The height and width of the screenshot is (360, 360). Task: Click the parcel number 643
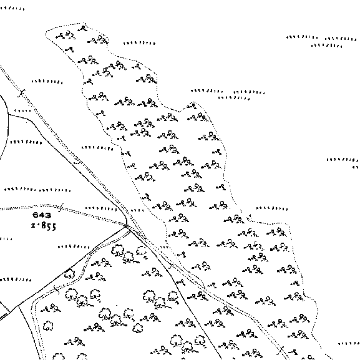pos(42,215)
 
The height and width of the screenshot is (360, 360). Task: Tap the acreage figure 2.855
pos(44,226)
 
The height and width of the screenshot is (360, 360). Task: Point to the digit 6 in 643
pos(36,215)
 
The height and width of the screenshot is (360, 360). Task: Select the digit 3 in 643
pos(48,215)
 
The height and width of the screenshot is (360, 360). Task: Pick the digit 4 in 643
pos(42,215)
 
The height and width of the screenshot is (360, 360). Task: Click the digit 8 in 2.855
pos(43,226)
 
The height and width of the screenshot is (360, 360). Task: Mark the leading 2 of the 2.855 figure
pos(33,226)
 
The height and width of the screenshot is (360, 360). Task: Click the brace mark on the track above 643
pos(61,208)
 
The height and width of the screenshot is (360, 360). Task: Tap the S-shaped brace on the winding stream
pos(56,289)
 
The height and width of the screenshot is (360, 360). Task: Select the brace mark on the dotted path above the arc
pos(22,93)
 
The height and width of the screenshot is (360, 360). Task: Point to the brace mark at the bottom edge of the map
pos(281,351)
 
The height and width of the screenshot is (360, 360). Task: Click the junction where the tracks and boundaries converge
pos(127,226)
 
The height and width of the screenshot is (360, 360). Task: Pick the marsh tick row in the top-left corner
pos(12,9)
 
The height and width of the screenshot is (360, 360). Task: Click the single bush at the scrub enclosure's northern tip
pos(82,29)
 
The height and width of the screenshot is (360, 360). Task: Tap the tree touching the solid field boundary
pos(69,274)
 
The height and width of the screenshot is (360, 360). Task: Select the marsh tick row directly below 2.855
pos(74,247)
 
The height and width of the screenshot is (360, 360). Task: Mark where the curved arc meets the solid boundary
pos(8,114)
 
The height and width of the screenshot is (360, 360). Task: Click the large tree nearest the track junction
pos(118,250)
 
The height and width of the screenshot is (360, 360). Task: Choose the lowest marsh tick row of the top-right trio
pos(326,46)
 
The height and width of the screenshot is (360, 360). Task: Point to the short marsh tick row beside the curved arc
pos(22,110)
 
